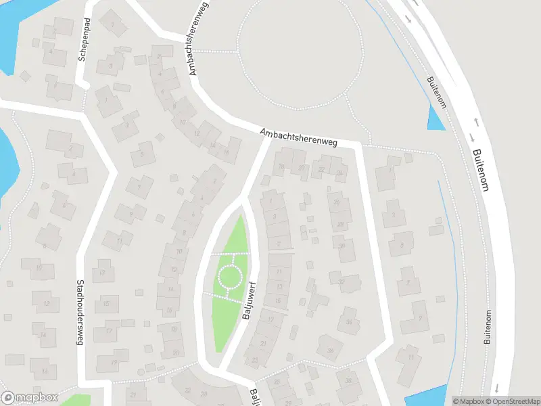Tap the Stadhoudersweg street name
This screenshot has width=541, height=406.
click(x=80, y=313)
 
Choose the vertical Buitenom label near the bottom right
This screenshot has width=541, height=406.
click(x=488, y=328)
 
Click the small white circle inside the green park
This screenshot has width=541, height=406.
click(x=230, y=276)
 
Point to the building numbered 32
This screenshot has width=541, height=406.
click(x=341, y=280)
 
